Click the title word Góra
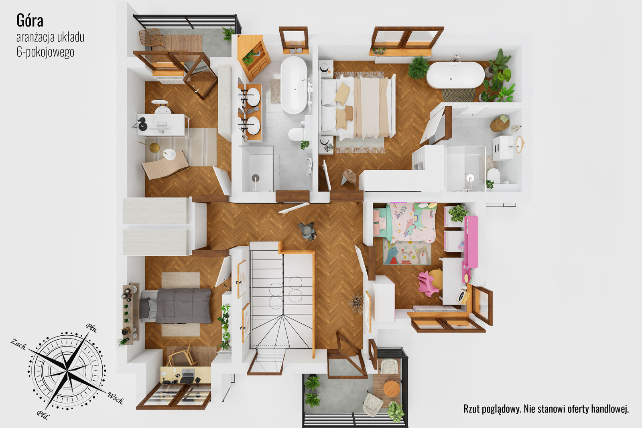30,20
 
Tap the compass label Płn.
91,328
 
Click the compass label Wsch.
116,398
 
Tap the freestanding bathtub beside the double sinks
294,85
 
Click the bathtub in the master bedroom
455,75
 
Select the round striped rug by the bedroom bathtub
458,95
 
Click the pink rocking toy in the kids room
427,283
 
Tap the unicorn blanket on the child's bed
413,223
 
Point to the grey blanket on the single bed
183,306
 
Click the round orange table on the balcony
391,388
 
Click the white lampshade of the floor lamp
170,154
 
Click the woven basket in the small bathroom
500,123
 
